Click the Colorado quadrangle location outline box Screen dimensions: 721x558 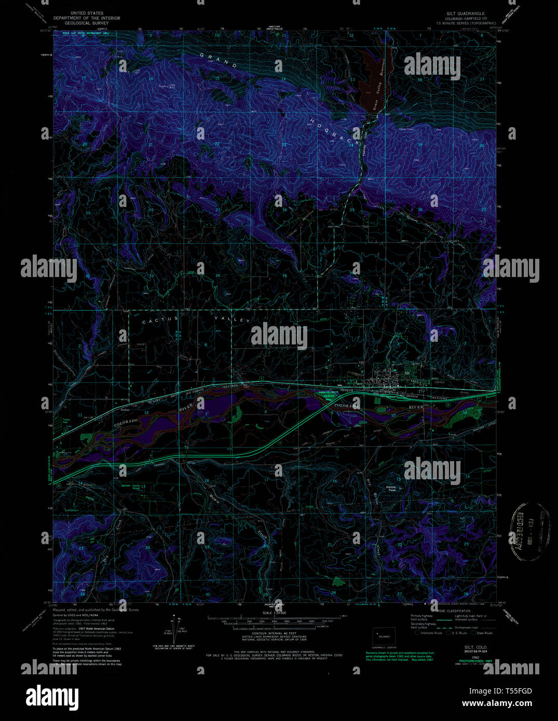[x=384, y=636]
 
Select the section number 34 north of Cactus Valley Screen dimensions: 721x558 [x=217, y=275]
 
